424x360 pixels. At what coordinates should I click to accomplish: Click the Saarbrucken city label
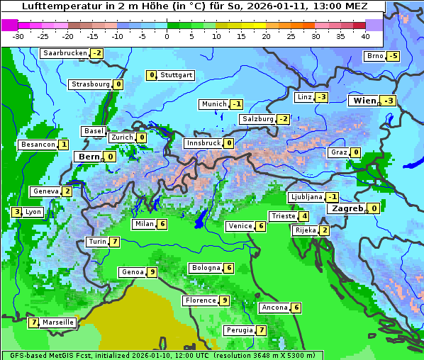[x=65, y=53]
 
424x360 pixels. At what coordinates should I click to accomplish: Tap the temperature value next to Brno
[x=393, y=56]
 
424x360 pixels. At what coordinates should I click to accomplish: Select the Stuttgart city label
[x=176, y=75]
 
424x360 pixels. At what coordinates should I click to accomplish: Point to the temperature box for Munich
[x=238, y=104]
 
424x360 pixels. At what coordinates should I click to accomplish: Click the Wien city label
[x=364, y=101]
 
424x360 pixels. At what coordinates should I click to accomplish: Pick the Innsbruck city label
[x=203, y=143]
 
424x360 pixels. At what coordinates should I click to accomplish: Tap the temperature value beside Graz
[x=355, y=152]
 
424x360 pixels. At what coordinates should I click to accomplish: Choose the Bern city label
[x=89, y=157]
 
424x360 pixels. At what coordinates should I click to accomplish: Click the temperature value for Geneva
[x=67, y=191]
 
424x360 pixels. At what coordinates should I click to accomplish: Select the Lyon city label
[x=33, y=212]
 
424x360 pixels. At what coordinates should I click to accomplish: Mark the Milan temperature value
[x=162, y=225]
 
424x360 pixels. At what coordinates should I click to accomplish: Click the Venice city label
[x=240, y=226]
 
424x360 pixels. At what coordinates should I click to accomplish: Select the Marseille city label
[x=58, y=322]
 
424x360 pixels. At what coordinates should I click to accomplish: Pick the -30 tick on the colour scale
[x=18, y=36]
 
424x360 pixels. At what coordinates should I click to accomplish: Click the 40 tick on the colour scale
[x=365, y=36]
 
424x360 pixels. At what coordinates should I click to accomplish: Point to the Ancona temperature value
[x=296, y=308]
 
